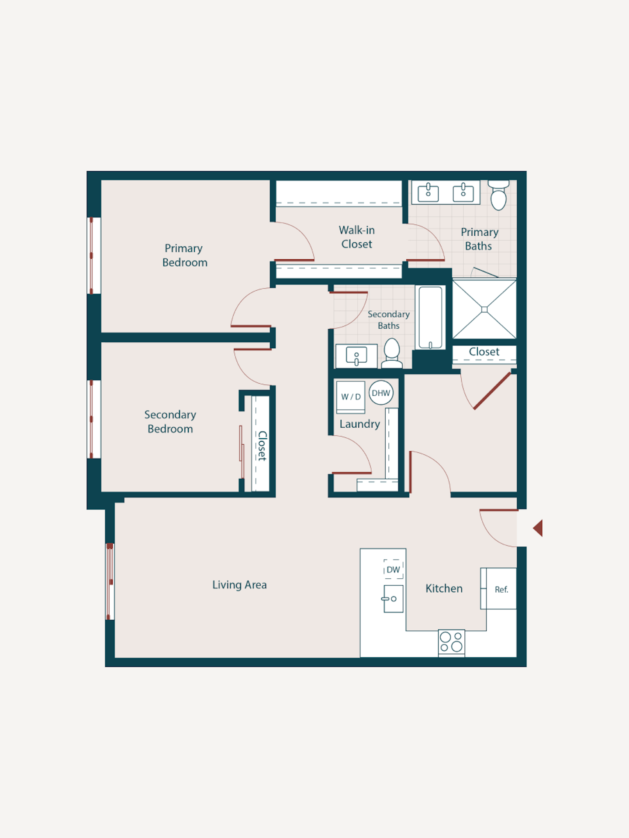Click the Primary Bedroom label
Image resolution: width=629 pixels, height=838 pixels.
coord(184,255)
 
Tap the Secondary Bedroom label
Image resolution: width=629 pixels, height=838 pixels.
coord(170,422)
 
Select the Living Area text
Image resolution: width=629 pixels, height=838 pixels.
coord(239,585)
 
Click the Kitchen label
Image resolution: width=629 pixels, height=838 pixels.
coord(444,588)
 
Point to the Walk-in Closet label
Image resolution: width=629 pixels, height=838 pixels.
coord(357,237)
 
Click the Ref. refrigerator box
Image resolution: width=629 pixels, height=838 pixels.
coord(498,588)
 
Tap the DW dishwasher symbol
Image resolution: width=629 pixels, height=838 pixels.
coord(393,569)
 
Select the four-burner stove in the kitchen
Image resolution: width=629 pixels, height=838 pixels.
coord(452,642)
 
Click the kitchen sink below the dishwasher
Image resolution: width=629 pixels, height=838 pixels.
coord(393,599)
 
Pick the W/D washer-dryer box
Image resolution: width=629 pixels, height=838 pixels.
coord(351,397)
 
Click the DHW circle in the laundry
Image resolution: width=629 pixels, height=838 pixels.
coord(381,393)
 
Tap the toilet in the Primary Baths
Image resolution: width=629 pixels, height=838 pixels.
coord(498,196)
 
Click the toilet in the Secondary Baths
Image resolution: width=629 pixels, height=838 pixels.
coord(392,354)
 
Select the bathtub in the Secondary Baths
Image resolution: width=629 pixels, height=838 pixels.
coord(431,317)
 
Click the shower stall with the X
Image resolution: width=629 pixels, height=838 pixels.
coord(484,309)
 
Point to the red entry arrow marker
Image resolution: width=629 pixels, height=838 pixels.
coord(538,528)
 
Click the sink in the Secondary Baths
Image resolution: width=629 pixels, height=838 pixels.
coord(356,356)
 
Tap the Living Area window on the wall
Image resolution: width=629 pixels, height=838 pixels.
coord(110,581)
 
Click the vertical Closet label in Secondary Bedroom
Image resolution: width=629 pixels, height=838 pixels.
coord(262,446)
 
